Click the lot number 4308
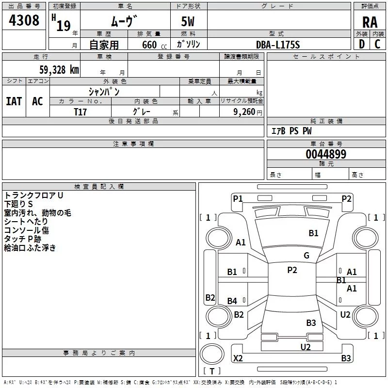tap(24, 20)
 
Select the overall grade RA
tap(370, 22)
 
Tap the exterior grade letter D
tap(362, 44)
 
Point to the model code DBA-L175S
tap(278, 45)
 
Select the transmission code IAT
tap(14, 101)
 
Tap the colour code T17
tap(81, 112)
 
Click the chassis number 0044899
tap(326, 154)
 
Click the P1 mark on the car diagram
tap(238, 198)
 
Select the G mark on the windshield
tap(307, 256)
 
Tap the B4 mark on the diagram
tap(232, 301)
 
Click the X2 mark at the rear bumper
tap(238, 358)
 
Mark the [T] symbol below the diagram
tap(212, 371)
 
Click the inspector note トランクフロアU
tap(33, 195)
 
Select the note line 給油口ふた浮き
tap(30, 248)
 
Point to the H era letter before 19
tap(53, 18)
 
